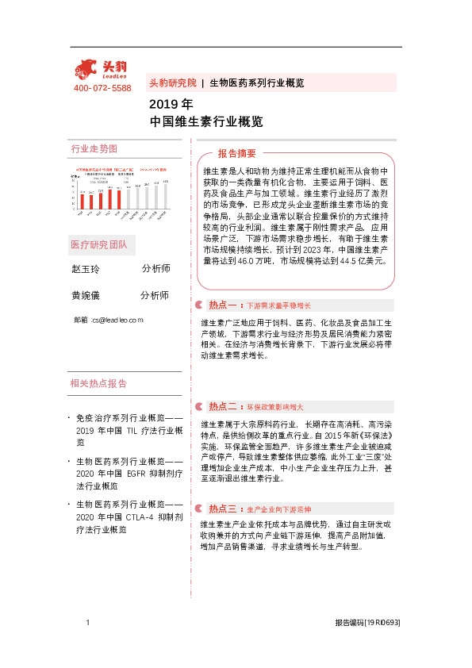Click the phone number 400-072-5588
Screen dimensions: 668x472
pyautogui.click(x=102, y=88)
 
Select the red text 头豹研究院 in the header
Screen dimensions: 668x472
pyautogui.click(x=172, y=83)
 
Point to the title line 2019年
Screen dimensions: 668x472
pyautogui.click(x=171, y=104)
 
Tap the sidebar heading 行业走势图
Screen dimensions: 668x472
pyautogui.click(x=94, y=149)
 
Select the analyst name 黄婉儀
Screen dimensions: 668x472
pyautogui.click(x=86, y=295)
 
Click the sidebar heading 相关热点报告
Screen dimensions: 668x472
pyautogui.click(x=98, y=383)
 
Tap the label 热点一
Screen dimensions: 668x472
pyautogui.click(x=221, y=305)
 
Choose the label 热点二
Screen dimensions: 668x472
pyautogui.click(x=221, y=405)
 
